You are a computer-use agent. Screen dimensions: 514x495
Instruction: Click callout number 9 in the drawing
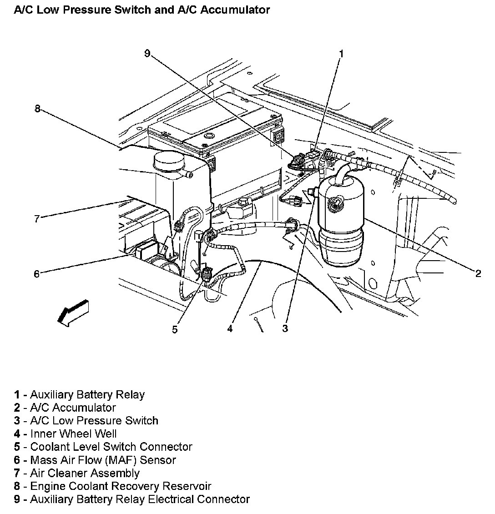pyautogui.click(x=147, y=54)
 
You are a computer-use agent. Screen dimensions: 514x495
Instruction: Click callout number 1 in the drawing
pyautogui.click(x=341, y=54)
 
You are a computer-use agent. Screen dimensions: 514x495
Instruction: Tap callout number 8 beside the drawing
pyautogui.click(x=37, y=108)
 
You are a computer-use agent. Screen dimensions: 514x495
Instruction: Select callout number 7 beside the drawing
pyautogui.click(x=37, y=219)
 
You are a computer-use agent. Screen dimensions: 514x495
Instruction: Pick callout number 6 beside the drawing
pyautogui.click(x=37, y=273)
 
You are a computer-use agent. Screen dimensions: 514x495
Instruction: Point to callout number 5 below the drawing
pyautogui.click(x=175, y=329)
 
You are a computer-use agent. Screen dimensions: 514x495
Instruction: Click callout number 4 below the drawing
pyautogui.click(x=230, y=328)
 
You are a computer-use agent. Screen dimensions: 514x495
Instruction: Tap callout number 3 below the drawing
pyautogui.click(x=285, y=328)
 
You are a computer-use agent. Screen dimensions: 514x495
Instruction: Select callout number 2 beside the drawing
pyautogui.click(x=478, y=273)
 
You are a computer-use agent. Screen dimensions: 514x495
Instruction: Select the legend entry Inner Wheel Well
pyautogui.click(x=73, y=434)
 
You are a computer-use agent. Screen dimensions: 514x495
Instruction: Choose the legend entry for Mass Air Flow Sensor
pyautogui.click(x=102, y=460)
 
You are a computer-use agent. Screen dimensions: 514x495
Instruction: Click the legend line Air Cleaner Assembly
pyautogui.click(x=84, y=474)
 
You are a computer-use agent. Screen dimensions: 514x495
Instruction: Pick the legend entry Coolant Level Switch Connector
pyautogui.click(x=111, y=447)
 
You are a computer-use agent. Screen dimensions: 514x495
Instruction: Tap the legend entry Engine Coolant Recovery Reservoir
pyautogui.click(x=120, y=487)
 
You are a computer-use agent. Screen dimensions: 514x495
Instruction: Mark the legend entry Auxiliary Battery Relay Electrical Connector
pyautogui.click(x=139, y=499)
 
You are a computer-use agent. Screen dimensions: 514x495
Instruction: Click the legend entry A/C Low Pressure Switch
pyautogui.click(x=94, y=421)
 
